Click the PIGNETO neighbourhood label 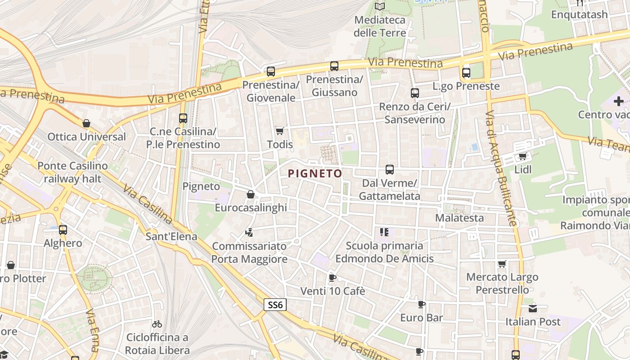(x=315, y=173)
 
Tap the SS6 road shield (x=275, y=305)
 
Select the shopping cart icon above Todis (x=279, y=131)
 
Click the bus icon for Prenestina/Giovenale (x=271, y=71)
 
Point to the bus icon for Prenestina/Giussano (x=334, y=66)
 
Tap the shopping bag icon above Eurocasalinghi (x=251, y=194)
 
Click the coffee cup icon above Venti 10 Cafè (x=332, y=278)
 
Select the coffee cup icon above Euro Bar (x=421, y=304)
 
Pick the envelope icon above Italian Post (x=533, y=308)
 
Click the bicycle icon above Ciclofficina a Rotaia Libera (x=157, y=324)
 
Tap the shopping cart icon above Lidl (x=522, y=156)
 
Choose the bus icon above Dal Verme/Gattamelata (x=390, y=170)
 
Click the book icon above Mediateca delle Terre (x=380, y=6)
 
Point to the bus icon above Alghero (x=63, y=229)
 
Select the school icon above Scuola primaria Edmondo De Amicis (x=384, y=232)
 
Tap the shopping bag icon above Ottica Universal (x=86, y=123)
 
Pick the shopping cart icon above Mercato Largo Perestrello (x=502, y=264)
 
